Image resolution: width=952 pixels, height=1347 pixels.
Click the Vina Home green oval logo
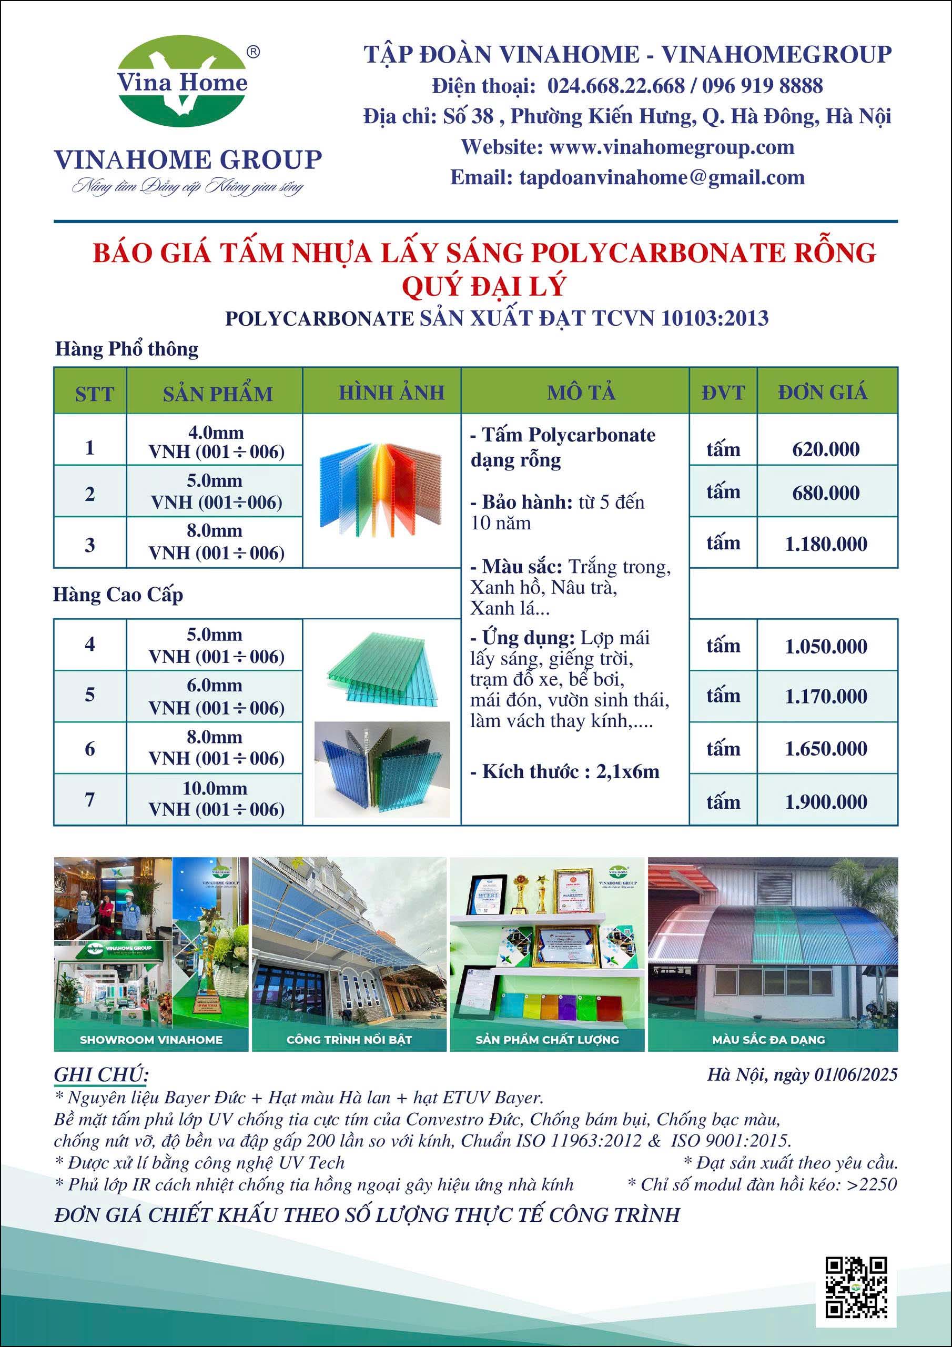coord(183,82)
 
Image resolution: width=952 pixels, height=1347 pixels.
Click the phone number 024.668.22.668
coord(616,86)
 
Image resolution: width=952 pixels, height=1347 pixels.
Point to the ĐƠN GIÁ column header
coord(823,392)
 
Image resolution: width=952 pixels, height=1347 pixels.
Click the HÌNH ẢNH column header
coord(391,392)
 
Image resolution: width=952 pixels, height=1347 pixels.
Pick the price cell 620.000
coord(825,449)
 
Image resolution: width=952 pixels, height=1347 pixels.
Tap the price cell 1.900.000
coord(825,801)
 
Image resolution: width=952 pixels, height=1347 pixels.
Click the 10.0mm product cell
coord(215,798)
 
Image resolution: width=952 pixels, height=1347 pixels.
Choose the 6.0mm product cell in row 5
coord(215,696)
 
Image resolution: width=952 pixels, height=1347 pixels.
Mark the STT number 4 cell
coord(90,644)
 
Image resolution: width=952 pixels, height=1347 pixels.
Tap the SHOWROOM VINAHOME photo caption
coord(151,1040)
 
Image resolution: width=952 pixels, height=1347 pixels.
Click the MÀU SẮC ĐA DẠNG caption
coord(768,1040)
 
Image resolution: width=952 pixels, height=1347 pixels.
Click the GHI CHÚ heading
coord(101,1074)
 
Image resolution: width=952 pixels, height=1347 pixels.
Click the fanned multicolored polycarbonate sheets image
coord(381,490)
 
